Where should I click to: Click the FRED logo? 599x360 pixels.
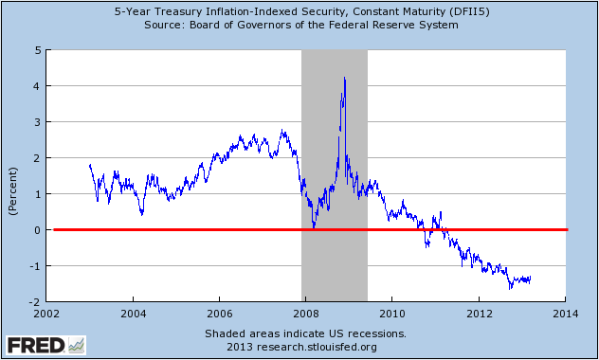[45, 345]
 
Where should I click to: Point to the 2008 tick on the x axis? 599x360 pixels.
[306, 304]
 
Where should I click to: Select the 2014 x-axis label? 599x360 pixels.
[566, 314]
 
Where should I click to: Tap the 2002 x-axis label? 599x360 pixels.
[46, 314]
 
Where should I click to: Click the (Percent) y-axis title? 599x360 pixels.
[14, 190]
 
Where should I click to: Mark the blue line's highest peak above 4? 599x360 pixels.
[345, 78]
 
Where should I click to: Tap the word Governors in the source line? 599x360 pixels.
[249, 26]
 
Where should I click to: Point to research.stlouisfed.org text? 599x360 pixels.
[317, 347]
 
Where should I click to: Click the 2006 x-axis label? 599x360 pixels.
[219, 314]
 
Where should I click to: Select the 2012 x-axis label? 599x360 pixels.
[479, 314]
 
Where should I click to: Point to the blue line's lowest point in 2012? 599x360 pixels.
[510, 289]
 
